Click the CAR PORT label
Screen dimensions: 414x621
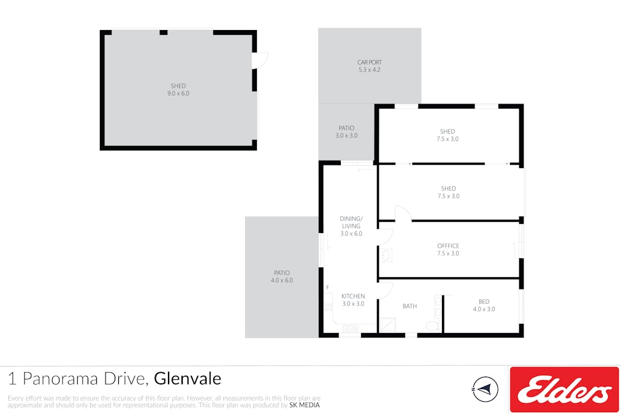coord(369,66)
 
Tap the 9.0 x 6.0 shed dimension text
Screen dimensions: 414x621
coord(178,93)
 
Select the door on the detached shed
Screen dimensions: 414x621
coord(261,60)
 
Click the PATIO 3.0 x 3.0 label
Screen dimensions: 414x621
coord(346,132)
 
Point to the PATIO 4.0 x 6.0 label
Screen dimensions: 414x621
coord(281,276)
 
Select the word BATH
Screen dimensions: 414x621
coord(410,306)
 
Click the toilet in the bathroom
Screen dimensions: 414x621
coord(433,325)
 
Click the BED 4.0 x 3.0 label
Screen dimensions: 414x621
coord(484,305)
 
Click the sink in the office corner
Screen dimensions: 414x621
coord(386,255)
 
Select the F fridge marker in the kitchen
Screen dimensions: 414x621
coord(327,288)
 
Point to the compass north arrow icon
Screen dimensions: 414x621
coord(486,389)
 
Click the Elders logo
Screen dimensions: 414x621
coord(564,389)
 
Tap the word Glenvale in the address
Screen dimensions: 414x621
coord(187,378)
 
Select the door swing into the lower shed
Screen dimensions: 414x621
coord(402,213)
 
